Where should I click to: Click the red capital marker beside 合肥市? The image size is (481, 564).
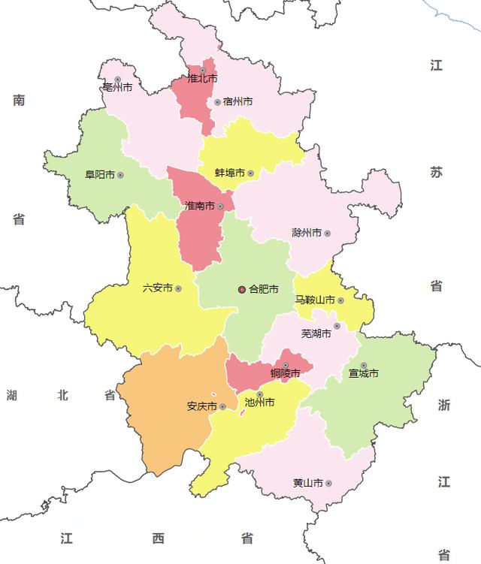(241, 289)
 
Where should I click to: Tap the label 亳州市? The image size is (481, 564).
(117, 88)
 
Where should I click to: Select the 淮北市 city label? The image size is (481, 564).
(202, 79)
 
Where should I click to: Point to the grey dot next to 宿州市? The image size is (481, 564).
(217, 102)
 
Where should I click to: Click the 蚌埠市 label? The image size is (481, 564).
(230, 173)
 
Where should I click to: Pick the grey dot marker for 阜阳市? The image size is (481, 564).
(120, 175)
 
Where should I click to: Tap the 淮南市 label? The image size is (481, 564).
(200, 206)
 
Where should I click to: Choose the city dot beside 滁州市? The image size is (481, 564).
(327, 233)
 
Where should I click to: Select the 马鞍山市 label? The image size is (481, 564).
(314, 300)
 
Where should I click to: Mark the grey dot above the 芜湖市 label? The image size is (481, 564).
(337, 326)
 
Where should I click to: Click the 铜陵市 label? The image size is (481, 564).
(286, 373)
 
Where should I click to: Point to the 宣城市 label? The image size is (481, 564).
(363, 373)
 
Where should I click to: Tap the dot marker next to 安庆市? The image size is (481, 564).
(222, 406)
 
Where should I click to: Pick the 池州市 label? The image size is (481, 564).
(260, 403)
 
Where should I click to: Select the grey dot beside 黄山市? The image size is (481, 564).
(328, 483)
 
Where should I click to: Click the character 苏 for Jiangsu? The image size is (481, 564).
(437, 172)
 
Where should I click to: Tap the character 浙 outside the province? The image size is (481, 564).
(444, 405)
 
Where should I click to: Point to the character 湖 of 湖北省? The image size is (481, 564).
(12, 394)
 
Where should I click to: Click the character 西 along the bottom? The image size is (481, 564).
(158, 538)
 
